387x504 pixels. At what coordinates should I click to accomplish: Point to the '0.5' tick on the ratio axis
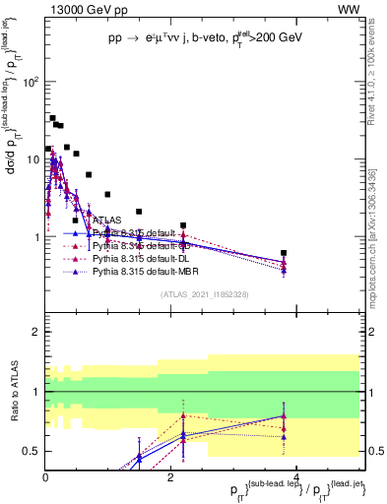coord(33,451)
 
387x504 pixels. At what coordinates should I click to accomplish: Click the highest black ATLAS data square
coord(52,118)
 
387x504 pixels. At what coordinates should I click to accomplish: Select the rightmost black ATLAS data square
coord(284,253)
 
